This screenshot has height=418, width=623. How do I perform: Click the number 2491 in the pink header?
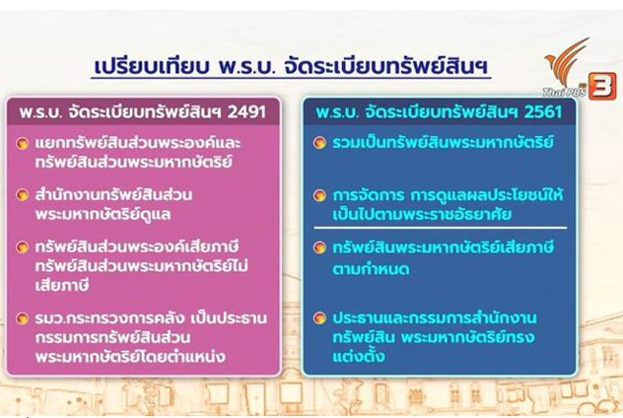coord(246,112)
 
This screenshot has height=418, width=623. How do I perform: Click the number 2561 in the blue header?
coord(543,112)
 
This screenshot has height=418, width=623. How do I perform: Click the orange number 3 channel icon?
coord(602,86)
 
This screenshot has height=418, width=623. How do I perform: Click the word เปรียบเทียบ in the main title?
coord(152,66)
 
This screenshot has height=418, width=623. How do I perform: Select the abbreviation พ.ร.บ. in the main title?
coord(246,66)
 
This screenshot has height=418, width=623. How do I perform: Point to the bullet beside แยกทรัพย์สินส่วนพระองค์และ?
coord(23,143)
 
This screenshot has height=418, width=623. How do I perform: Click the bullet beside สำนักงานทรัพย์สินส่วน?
coord(23,195)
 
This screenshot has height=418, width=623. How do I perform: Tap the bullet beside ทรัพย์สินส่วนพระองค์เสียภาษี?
coord(23,247)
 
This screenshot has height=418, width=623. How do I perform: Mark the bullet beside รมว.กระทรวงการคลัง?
coord(23,318)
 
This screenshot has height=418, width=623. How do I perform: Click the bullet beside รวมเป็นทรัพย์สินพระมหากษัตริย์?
coord(319,143)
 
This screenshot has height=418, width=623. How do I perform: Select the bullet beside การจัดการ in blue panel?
coord(319,195)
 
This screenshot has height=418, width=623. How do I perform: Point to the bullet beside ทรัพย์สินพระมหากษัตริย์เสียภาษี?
coord(319,247)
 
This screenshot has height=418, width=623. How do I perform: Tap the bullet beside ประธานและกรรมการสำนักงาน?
coord(319,318)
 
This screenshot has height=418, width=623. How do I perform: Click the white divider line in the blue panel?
coord(441,228)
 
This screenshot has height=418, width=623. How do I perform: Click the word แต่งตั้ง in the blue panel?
coord(359,356)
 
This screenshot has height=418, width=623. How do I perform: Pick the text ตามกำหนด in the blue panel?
coord(371,269)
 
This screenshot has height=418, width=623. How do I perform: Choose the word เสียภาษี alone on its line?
coord(62,285)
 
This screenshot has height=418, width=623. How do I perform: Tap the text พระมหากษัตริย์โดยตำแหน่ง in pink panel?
coord(130,357)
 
